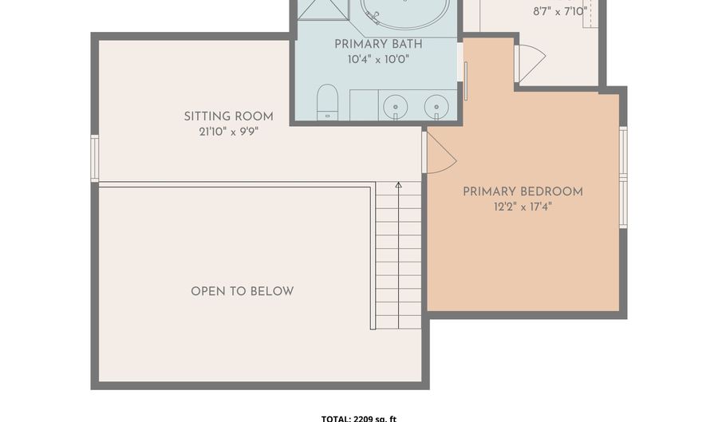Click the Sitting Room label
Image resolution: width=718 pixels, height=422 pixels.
coord(228,116)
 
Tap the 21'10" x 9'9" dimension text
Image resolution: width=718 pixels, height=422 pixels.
coord(228,132)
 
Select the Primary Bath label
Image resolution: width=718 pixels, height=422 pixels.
coord(378,45)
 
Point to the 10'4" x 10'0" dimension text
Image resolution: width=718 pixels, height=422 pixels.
coord(378,60)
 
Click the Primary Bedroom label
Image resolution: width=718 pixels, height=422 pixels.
coord(523,191)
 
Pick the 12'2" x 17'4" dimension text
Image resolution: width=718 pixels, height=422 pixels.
coord(523,207)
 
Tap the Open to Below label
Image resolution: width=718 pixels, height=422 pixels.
coord(243,291)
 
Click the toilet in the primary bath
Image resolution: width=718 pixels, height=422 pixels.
coord(327,101)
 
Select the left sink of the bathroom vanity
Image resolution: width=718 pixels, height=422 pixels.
coord(395,107)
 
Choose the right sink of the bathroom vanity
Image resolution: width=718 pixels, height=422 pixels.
coord(436,107)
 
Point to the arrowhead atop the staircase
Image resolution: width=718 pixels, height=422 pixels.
coord(398,185)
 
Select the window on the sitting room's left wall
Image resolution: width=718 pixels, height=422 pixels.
coord(94,158)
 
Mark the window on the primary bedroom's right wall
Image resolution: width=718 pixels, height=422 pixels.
coord(623,177)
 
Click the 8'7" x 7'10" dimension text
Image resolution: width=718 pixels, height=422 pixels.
coord(560,11)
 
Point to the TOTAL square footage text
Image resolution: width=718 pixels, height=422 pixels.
coord(358,418)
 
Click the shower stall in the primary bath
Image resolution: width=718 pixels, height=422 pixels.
coord(323,10)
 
